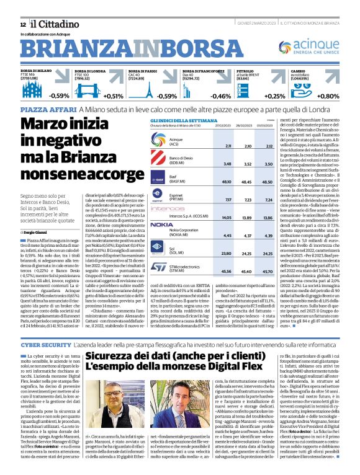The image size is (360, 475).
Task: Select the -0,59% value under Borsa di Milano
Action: coord(60,96)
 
